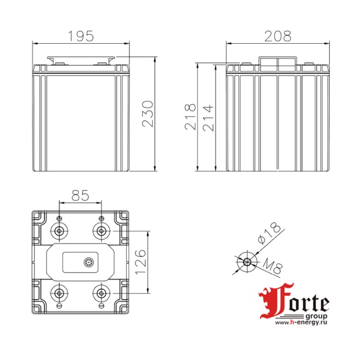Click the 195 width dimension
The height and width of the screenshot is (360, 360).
pos(81,36)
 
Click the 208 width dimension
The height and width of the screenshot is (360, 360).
pos(278,36)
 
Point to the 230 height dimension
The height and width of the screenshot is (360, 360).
pos(148,114)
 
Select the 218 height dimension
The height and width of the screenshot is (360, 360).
pos(191,117)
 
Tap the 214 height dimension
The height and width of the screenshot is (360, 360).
pos(208,118)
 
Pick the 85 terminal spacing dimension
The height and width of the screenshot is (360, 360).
pos(80,195)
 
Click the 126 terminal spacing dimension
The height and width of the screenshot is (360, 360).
pos(140,262)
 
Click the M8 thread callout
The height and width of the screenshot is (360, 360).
pos(273,266)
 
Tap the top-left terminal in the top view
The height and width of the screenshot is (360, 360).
pos(59,231)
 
